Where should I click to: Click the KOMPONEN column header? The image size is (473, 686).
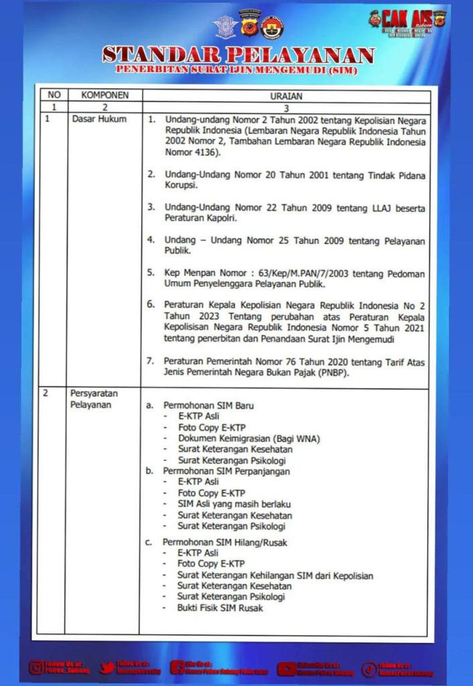click(x=100, y=95)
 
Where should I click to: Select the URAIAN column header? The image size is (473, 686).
click(x=284, y=96)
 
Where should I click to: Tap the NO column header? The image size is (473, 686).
click(x=51, y=95)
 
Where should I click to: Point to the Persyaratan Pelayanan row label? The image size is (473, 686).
click(x=94, y=399)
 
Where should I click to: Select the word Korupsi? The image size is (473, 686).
click(x=181, y=185)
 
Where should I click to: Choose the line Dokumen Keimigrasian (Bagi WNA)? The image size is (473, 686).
click(x=249, y=438)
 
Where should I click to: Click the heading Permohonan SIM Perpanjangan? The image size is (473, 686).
click(x=226, y=471)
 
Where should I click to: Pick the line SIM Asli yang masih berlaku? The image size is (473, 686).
click(x=234, y=504)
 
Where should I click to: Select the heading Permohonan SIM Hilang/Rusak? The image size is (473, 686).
click(x=224, y=542)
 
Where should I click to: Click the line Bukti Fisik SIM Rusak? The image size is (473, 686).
click(x=220, y=608)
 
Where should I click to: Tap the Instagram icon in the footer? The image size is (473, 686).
click(x=36, y=667)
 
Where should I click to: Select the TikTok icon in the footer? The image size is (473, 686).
click(x=369, y=668)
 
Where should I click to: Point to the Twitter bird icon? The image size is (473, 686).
click(x=107, y=667)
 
